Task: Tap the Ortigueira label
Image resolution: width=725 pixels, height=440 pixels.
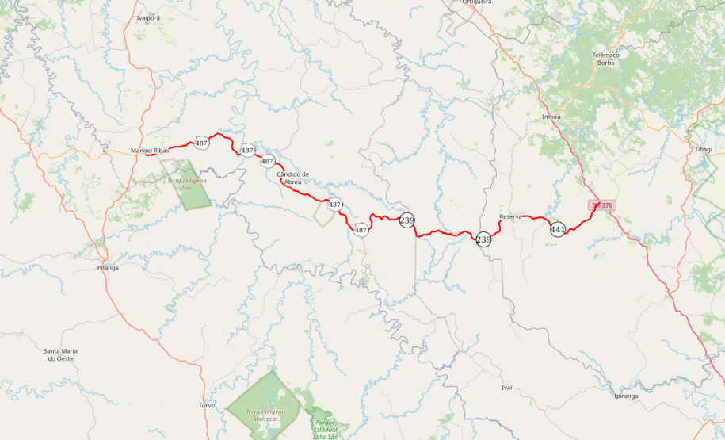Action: point(474,2)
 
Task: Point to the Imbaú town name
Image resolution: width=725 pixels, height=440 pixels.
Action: point(551,116)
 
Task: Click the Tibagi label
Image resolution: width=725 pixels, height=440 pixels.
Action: point(703,149)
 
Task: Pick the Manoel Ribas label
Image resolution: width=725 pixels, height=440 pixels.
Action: point(150,151)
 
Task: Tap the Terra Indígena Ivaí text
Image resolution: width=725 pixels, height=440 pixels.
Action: point(187,184)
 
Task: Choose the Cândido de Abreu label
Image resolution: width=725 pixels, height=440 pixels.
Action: point(293,178)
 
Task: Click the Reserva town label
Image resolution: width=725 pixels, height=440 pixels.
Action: point(510,216)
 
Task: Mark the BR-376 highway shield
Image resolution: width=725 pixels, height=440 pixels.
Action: point(602,205)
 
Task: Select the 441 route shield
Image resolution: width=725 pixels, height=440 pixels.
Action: point(558,229)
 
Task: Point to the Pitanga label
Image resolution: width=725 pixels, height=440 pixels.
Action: point(108,267)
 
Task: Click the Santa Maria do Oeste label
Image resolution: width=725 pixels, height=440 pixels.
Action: point(60,354)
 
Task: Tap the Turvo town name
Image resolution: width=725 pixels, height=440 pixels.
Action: point(207,405)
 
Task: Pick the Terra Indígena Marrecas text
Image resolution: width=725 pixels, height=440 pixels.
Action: point(265,415)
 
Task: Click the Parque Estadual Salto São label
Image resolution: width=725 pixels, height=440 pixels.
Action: point(326,429)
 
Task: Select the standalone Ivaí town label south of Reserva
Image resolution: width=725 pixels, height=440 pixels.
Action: point(507,387)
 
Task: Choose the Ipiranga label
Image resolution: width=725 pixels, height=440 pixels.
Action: point(626,395)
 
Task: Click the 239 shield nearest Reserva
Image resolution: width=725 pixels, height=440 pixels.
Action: point(483,239)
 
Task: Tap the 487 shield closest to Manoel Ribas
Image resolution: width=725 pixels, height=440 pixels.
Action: point(202,143)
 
